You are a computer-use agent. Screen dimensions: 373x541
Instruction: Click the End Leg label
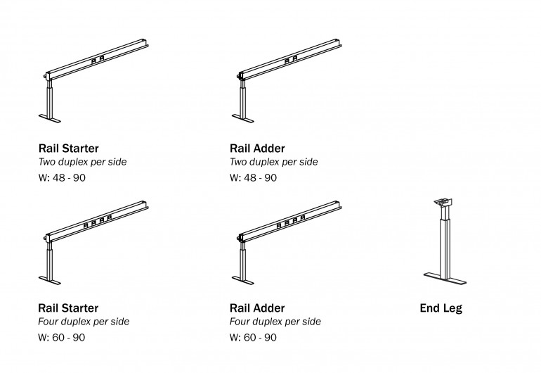441,308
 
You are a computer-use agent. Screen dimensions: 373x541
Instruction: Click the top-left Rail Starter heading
68,148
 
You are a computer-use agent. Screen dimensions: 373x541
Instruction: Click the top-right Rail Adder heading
257,148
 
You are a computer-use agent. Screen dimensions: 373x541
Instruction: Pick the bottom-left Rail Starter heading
68,308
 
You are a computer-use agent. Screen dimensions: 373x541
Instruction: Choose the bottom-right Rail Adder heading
257,308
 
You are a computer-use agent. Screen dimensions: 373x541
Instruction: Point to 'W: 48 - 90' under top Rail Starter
63,177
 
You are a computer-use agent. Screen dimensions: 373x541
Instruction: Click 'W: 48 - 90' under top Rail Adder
253,177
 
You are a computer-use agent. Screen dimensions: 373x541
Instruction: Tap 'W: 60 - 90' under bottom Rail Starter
63,337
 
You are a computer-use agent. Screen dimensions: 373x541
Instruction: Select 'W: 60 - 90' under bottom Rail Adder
253,337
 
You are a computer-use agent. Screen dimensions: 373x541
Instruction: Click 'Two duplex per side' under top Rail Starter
82,163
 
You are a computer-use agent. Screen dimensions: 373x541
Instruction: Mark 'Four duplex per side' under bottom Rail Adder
275,322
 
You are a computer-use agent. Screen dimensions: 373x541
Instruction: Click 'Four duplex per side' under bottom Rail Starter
84,322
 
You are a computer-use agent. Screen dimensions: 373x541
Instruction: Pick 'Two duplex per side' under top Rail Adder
273,163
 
